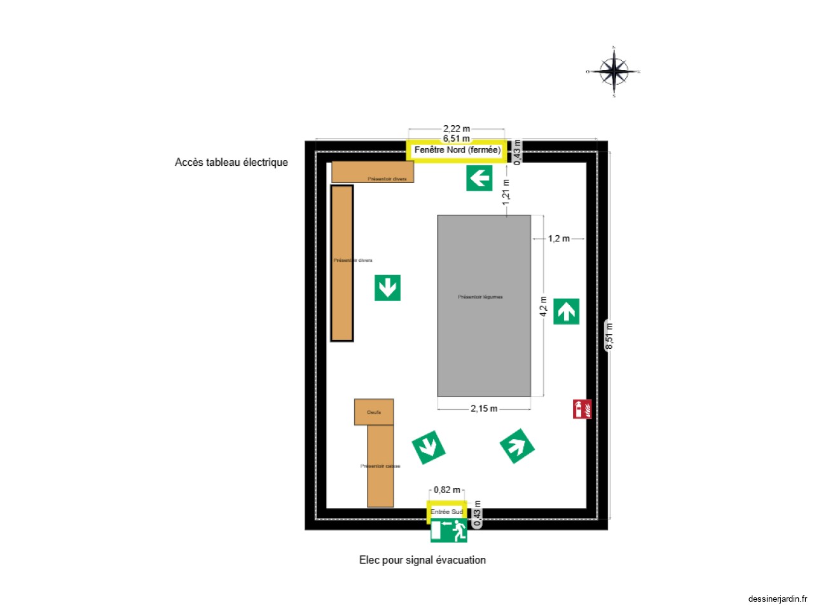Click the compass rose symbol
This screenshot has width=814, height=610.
[614, 71]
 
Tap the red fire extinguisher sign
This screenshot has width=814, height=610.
[582, 409]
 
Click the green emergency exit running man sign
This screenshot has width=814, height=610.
[449, 531]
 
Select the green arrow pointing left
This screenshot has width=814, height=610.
[479, 178]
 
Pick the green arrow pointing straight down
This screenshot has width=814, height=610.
[387, 288]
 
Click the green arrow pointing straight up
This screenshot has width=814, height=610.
[566, 311]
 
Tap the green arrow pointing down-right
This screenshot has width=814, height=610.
[429, 447]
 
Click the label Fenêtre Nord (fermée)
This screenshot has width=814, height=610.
[457, 150]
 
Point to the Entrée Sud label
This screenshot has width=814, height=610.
[446, 512]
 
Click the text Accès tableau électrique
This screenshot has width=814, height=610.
[231, 162]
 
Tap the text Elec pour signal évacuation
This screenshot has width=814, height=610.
[422, 560]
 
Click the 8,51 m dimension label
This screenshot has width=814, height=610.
[609, 336]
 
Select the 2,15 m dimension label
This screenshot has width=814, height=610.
[484, 409]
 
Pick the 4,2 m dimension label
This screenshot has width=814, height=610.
[543, 306]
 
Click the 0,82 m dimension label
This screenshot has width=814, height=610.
[446, 490]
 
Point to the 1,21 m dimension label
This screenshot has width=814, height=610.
[506, 192]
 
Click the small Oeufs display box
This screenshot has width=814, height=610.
[374, 412]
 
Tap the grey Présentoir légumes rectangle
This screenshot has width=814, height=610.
[483, 305]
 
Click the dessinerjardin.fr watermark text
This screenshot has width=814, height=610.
[777, 599]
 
